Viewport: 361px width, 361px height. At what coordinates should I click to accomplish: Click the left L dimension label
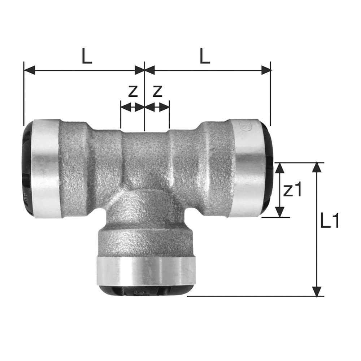click(87, 56)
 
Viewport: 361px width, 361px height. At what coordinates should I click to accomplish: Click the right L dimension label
click(205, 56)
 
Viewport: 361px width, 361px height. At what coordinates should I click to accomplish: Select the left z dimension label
click(133, 92)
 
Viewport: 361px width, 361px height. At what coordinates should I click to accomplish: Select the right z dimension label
click(157, 92)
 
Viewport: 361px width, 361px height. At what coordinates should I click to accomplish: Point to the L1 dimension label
click(330, 221)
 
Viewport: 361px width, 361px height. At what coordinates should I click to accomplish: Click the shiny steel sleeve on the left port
click(45, 169)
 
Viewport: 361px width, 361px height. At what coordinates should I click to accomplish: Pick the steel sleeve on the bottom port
click(146, 271)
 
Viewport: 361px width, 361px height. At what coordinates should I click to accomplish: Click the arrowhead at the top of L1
click(317, 168)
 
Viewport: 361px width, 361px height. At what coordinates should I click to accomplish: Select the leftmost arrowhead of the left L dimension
click(29, 70)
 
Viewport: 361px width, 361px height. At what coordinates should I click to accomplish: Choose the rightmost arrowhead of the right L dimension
click(266, 70)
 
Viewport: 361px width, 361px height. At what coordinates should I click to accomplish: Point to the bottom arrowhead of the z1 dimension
click(279, 212)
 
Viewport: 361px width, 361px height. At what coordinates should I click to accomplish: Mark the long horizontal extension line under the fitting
click(253, 296)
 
